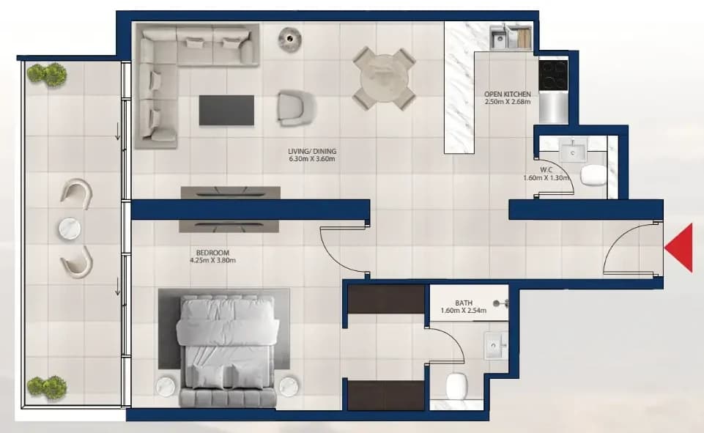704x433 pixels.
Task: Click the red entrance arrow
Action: tap(678, 248)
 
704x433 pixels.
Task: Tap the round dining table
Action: tap(383, 78)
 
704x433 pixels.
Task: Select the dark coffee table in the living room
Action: tap(226, 110)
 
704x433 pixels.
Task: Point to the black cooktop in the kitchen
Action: tap(553, 75)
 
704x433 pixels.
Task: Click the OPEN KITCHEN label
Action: tap(508, 95)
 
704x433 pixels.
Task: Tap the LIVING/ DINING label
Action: tap(312, 152)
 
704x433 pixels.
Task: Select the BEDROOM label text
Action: tap(213, 253)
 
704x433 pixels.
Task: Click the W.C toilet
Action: tap(593, 174)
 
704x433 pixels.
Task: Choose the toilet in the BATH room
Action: tap(457, 386)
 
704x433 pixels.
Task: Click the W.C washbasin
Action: tap(573, 148)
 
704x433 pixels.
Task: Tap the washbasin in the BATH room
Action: tap(495, 345)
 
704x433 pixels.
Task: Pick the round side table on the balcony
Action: tap(70, 229)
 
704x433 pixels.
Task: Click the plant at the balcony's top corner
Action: tap(47, 74)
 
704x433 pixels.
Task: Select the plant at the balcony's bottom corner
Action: tap(47, 387)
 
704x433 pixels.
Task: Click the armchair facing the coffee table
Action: tap(297, 108)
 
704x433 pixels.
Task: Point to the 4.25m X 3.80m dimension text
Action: tap(213, 260)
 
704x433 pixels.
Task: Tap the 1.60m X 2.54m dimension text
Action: tap(463, 311)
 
